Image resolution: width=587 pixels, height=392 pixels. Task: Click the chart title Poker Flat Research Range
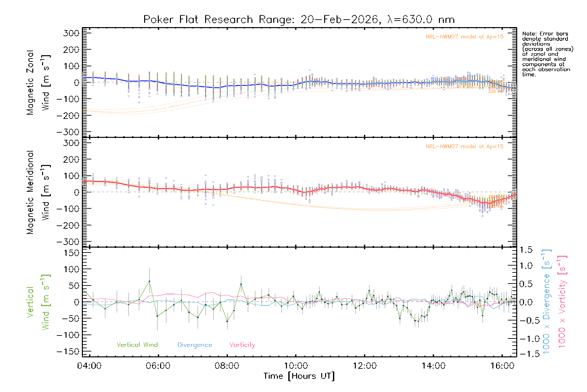[299, 20]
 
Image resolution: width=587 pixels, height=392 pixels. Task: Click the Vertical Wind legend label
[137, 345]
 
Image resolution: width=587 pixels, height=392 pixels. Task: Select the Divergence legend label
[195, 345]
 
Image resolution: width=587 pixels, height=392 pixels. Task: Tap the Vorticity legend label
[242, 345]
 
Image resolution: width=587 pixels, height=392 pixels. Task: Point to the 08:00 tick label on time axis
[227, 366]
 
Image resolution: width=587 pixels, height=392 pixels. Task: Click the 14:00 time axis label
[433, 366]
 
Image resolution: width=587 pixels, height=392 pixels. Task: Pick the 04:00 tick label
[89, 366]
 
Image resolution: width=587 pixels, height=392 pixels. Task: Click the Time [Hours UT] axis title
[299, 376]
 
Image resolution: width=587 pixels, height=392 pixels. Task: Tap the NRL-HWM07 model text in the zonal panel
[464, 37]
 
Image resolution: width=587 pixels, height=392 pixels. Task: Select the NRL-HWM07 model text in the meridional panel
[464, 147]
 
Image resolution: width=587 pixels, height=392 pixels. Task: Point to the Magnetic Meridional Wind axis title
[38, 192]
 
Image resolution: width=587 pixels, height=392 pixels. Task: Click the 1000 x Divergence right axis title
[546, 302]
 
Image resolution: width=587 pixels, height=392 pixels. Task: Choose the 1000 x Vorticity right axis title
[562, 302]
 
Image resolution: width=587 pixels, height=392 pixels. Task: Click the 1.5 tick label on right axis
[526, 250]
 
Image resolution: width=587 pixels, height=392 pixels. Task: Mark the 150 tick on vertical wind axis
[71, 253]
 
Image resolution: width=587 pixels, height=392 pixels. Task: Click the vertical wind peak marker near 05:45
[149, 281]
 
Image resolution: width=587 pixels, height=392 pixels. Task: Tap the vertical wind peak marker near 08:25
[241, 284]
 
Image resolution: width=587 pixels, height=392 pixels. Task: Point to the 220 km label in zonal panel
[496, 91]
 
